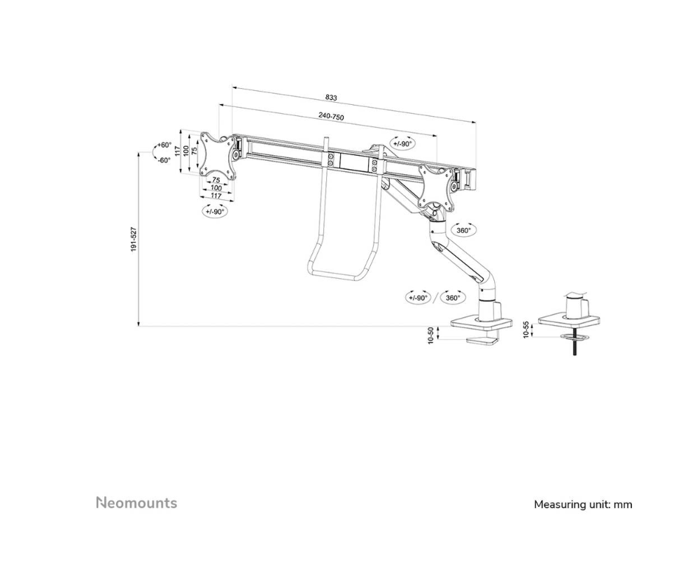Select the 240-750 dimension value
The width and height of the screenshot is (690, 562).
coord(331,117)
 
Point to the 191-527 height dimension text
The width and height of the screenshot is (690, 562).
coord(133,240)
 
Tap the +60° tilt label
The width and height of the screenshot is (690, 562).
coord(164,145)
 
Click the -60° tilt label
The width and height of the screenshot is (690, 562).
coord(164,160)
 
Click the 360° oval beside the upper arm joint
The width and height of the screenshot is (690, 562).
coord(463,230)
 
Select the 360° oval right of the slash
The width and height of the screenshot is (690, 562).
coord(453,298)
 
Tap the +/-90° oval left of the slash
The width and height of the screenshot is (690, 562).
coord(418,298)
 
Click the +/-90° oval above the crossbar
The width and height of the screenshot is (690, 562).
coord(402,143)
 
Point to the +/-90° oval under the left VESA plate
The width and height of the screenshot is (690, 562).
coord(214,211)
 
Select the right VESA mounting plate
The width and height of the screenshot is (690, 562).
coord(437,187)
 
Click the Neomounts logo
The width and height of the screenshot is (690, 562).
coord(136,503)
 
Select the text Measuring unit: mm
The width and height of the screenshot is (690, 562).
coord(583,504)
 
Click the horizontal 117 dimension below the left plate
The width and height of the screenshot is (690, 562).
coord(216,196)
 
